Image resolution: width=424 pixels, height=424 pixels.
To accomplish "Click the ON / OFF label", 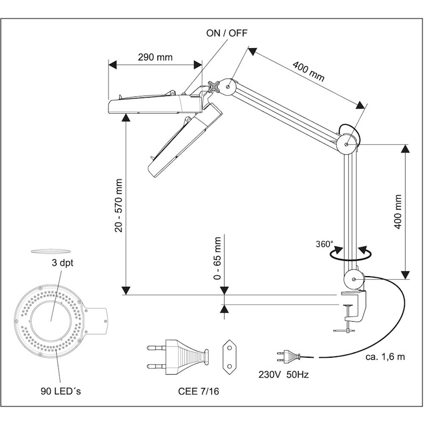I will click(x=227, y=33).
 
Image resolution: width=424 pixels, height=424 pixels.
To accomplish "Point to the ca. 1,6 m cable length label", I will click(x=386, y=356).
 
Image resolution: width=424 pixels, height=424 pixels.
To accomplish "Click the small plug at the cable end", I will click(x=286, y=355).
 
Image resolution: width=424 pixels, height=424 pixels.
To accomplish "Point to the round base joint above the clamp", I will click(x=354, y=277).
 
